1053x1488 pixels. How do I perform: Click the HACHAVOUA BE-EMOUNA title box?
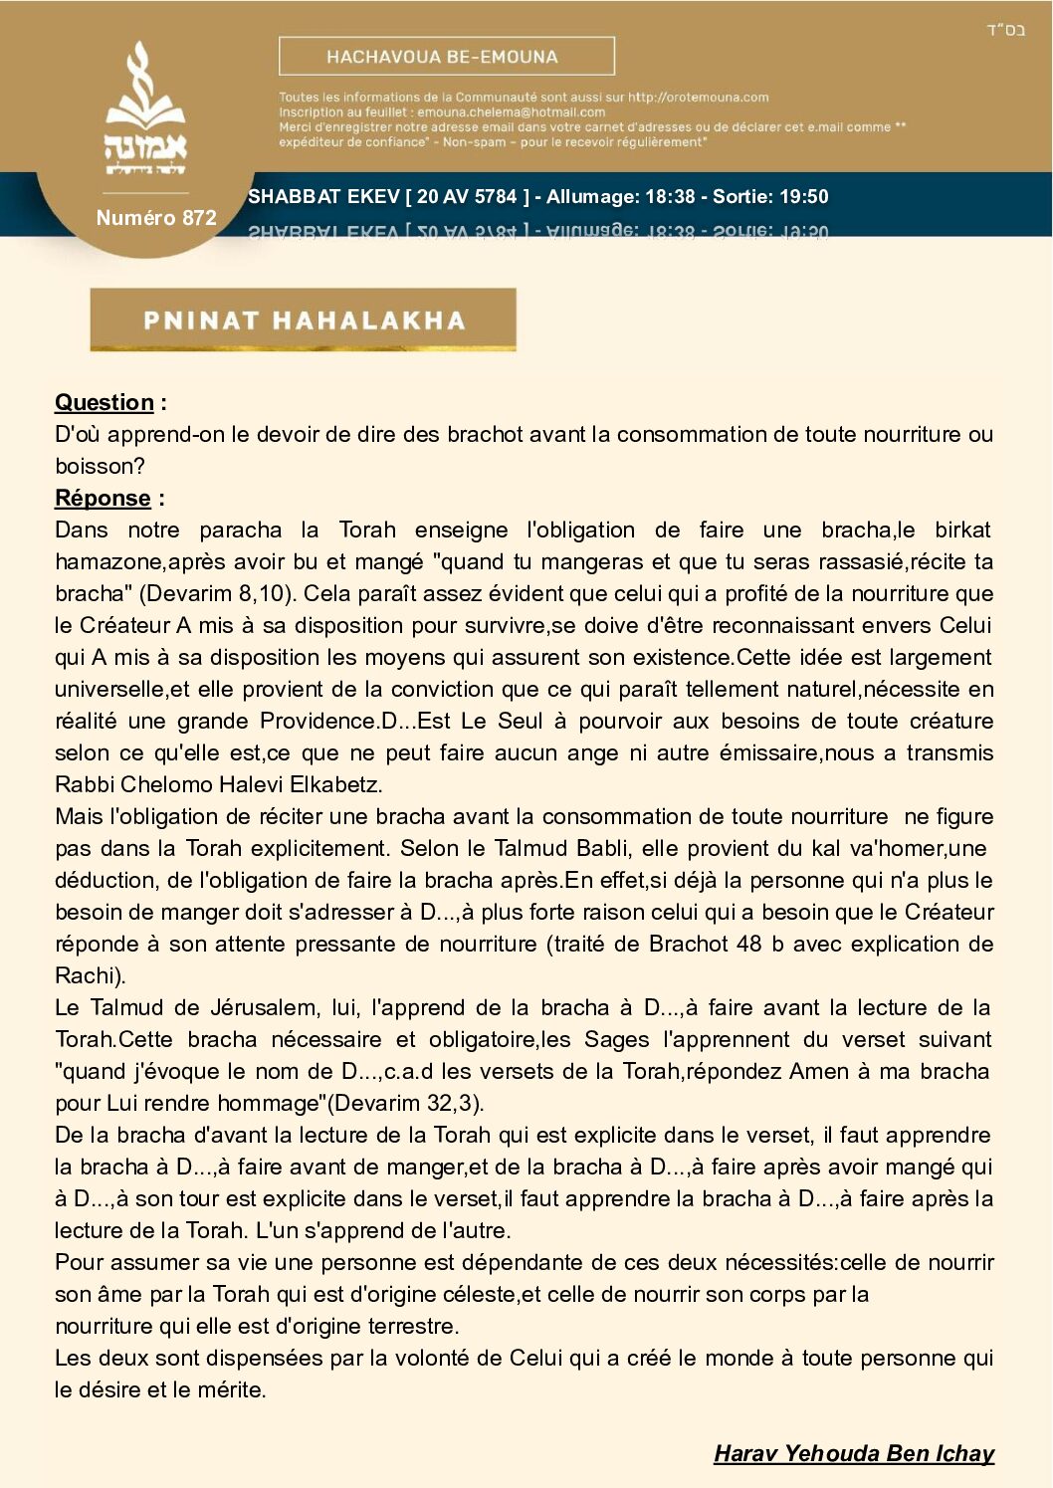(x=446, y=57)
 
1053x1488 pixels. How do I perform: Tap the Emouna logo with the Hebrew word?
(x=146, y=111)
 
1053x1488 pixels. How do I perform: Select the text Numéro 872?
(x=156, y=218)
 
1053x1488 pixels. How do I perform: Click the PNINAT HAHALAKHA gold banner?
(x=303, y=319)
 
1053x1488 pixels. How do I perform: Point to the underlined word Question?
(x=105, y=402)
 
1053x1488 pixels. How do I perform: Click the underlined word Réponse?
(x=103, y=498)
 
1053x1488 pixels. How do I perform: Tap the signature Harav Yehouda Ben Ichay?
(x=854, y=1453)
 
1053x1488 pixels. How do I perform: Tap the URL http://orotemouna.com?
(x=698, y=98)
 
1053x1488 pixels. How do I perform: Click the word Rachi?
(x=88, y=975)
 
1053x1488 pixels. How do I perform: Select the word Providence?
(x=319, y=721)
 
